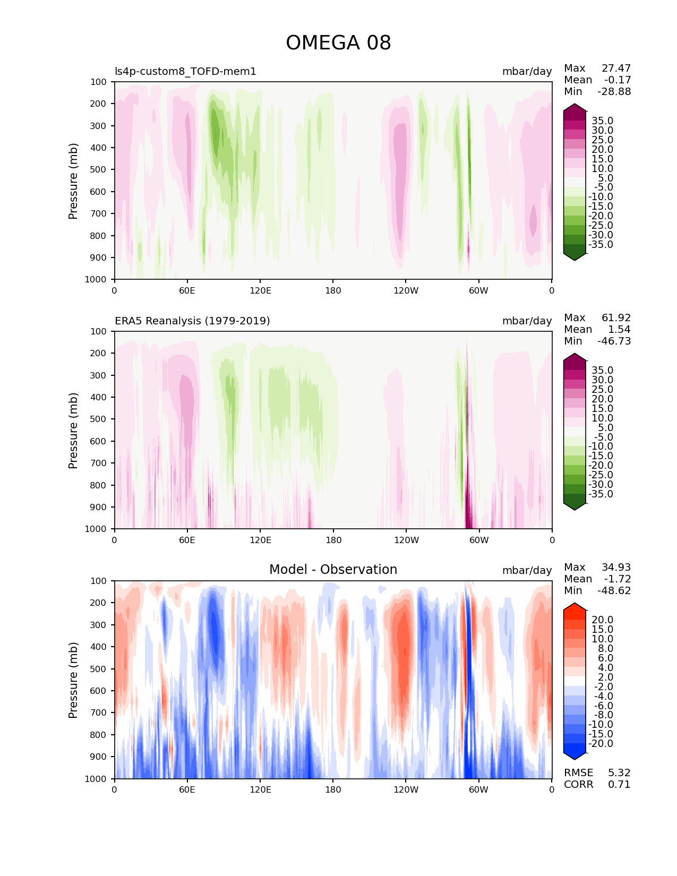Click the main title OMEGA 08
[338, 43]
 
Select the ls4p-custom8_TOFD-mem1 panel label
[185, 71]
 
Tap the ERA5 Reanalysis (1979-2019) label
[192, 321]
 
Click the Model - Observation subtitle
[333, 570]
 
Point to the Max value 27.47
[616, 68]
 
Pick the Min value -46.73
[614, 341]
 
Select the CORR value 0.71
[619, 785]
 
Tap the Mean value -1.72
[617, 579]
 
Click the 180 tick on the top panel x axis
[333, 290]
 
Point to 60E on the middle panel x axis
[187, 540]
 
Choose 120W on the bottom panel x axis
[406, 789]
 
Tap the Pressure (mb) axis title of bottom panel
[73, 680]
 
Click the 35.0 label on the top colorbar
[602, 121]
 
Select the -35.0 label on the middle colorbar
[601, 494]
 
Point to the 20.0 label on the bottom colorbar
[602, 620]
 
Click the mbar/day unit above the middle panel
[527, 321]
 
